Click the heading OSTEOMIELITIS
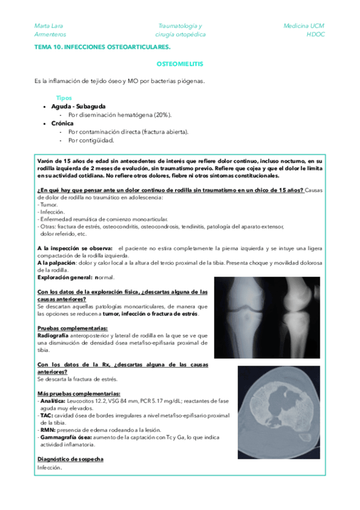pos(179,63)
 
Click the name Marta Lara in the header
pos(49,26)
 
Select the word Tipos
pos(64,97)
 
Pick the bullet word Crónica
pos(63,123)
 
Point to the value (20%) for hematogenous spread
pos(162,114)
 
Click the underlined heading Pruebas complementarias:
pos(72,328)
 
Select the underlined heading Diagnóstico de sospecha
pos(70,459)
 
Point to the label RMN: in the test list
pos(47,430)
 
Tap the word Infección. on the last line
pos(49,467)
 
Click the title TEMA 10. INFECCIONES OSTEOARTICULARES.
pos(103,46)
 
